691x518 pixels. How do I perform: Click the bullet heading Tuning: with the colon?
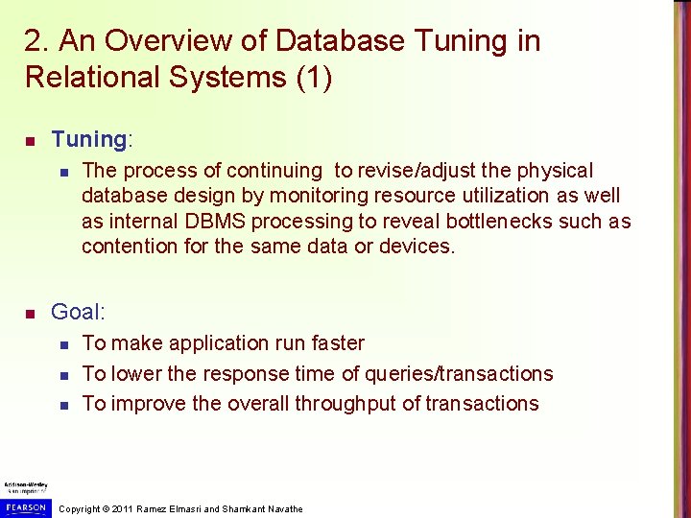[x=93, y=140]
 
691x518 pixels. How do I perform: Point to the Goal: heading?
[x=78, y=312]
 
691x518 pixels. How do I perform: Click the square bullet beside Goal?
[x=30, y=314]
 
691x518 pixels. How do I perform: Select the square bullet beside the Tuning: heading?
[x=30, y=142]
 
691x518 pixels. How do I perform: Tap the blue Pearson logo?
[x=26, y=506]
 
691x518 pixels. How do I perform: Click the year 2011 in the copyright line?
[x=121, y=509]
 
